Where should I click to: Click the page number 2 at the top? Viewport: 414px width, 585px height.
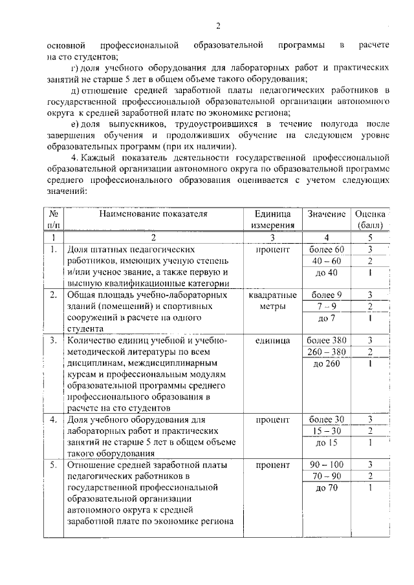tap(218, 26)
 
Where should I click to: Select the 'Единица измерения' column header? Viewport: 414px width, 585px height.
tap(272, 219)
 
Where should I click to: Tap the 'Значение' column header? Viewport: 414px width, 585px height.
tap(327, 213)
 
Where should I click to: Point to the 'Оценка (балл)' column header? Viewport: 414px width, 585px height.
tap(371, 219)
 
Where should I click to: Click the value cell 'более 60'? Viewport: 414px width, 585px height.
tap(327, 250)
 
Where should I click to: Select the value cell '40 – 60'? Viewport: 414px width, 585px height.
tap(327, 261)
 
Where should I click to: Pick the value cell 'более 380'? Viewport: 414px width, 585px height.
tap(327, 340)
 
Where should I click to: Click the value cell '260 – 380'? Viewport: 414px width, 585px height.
tap(327, 352)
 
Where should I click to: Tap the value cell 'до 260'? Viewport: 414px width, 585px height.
tap(327, 363)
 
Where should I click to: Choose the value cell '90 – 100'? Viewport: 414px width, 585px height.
tap(327, 465)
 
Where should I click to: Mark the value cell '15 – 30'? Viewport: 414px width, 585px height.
tap(327, 431)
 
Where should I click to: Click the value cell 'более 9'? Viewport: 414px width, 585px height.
tap(327, 295)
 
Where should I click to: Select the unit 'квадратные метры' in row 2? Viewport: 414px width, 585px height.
tap(272, 301)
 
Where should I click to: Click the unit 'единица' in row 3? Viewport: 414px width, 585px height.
tap(272, 340)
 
